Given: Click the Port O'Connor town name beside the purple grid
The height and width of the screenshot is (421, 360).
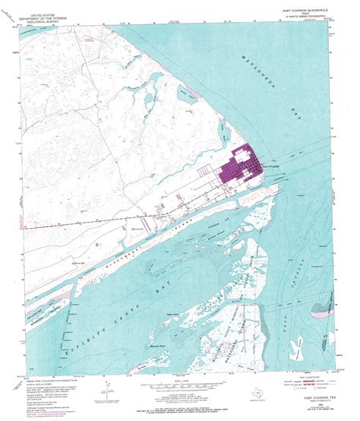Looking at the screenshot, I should coord(271,165).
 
